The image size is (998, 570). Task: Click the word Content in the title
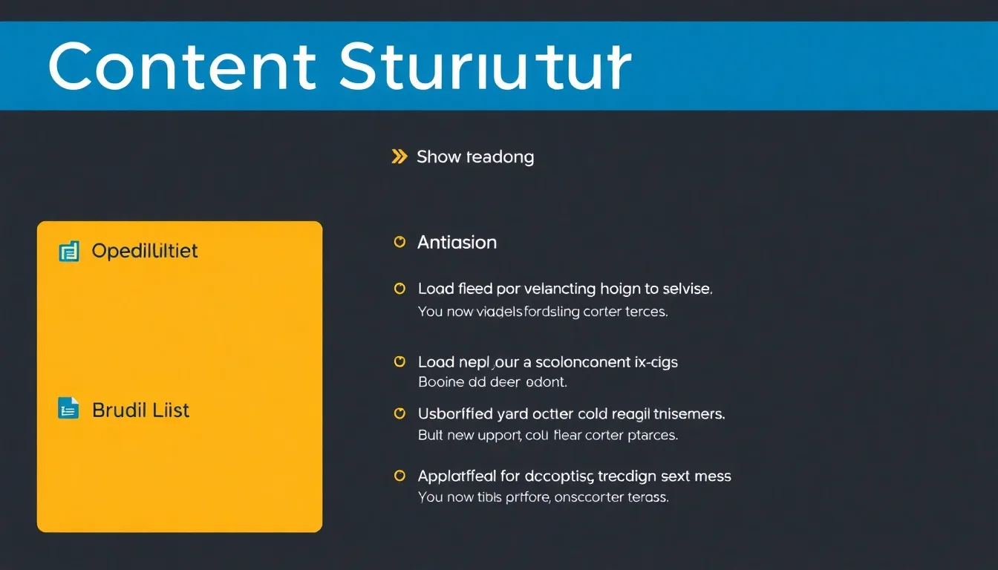(182, 67)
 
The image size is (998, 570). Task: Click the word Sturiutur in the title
(484, 67)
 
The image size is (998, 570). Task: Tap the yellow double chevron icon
(399, 157)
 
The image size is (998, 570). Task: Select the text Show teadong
(475, 157)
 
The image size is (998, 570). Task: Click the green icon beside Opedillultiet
(68, 252)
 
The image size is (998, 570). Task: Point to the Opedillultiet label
(145, 251)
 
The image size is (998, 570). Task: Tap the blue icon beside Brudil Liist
(68, 408)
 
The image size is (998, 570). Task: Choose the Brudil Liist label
(140, 410)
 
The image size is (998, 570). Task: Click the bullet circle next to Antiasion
(399, 242)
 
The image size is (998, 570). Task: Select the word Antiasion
(457, 243)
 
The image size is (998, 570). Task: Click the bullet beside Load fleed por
(399, 288)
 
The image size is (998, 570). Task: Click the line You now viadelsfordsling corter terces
(543, 312)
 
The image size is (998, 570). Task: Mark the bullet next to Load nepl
(399, 361)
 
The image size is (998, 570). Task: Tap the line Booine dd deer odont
(492, 383)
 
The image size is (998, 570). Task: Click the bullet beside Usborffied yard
(399, 413)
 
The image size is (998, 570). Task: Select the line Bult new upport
(548, 436)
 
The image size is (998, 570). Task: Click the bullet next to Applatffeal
(399, 475)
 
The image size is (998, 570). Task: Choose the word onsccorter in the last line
(587, 497)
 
